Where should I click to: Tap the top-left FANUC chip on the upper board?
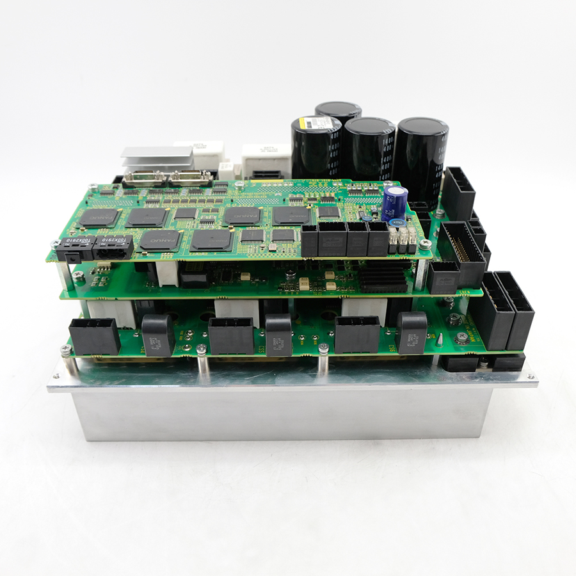tap(99, 218)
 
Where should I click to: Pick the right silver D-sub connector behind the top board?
tap(190, 177)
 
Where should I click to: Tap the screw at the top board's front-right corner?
tap(424, 244)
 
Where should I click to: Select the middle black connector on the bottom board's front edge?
tap(231, 335)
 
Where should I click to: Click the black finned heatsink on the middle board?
tap(383, 275)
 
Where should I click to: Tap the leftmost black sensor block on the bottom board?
tap(158, 335)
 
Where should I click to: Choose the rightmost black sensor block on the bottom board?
tap(412, 332)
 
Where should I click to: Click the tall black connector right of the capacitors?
tap(459, 192)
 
